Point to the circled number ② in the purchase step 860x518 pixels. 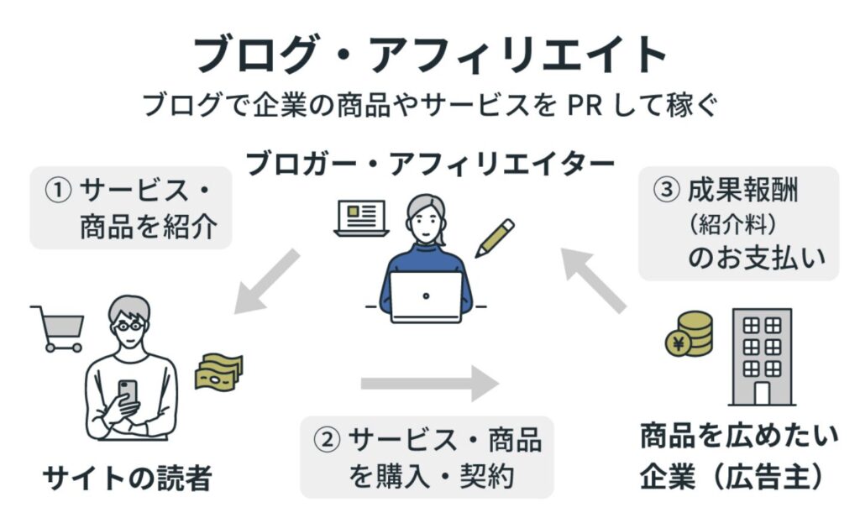click(x=327, y=440)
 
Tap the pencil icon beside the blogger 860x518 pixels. click(x=495, y=238)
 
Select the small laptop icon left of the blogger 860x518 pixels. click(x=362, y=218)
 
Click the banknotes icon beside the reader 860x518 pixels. click(x=218, y=371)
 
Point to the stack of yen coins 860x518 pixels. click(x=690, y=333)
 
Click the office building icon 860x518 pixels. click(x=762, y=357)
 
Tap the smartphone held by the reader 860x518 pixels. click(x=128, y=393)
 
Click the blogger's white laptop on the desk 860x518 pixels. click(x=426, y=296)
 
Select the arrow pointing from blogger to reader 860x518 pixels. click(x=266, y=282)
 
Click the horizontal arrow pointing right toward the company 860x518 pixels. click(x=429, y=384)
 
